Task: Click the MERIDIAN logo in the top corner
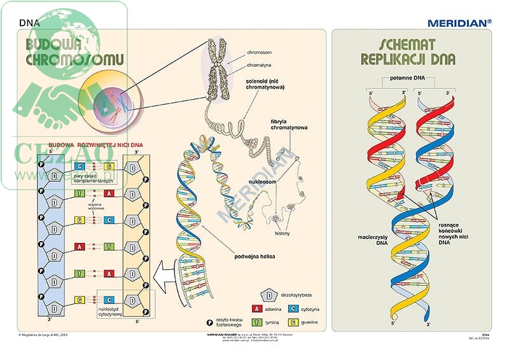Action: click(459, 22)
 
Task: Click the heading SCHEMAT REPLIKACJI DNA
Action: click(407, 52)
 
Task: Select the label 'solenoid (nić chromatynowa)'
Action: click(267, 85)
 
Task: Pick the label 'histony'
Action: click(282, 233)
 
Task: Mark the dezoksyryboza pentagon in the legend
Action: click(270, 295)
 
